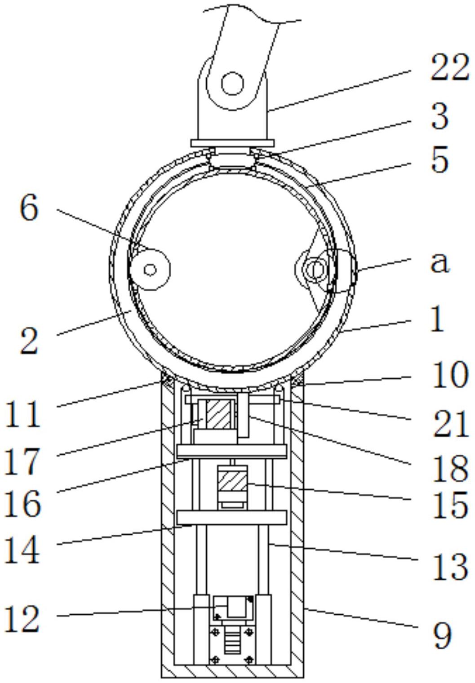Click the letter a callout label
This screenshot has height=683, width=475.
pos(439,262)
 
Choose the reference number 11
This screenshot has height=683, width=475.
pos(22,414)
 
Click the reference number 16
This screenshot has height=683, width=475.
pos(22,503)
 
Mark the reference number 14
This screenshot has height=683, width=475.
pos(22,550)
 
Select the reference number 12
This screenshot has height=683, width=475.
pos(22,619)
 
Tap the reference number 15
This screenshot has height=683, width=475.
pos(449,506)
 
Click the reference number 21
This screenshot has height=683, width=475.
pos(449,423)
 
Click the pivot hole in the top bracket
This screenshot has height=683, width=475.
pos(232,84)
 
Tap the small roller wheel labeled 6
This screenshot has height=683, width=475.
pos(150,270)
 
